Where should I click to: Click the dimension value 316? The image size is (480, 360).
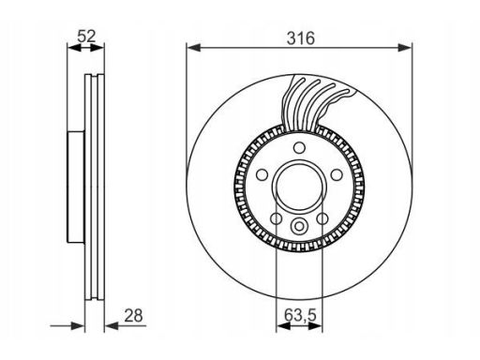pyautogui.click(x=301, y=38)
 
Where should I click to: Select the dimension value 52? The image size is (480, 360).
pyautogui.click(x=86, y=36)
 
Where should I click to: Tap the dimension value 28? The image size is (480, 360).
pyautogui.click(x=133, y=315)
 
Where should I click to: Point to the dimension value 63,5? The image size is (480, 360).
pyautogui.click(x=300, y=315)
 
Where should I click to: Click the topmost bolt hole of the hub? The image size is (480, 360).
pyautogui.click(x=299, y=147)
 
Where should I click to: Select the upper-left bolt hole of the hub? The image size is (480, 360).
pyautogui.click(x=262, y=174)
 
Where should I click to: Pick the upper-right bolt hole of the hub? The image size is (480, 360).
pyautogui.click(x=337, y=174)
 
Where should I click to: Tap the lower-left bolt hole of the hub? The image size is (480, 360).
pyautogui.click(x=277, y=218)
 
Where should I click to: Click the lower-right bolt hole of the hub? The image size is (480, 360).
pyautogui.click(x=322, y=218)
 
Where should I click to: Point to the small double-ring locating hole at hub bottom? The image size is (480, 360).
pyautogui.click(x=299, y=226)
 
